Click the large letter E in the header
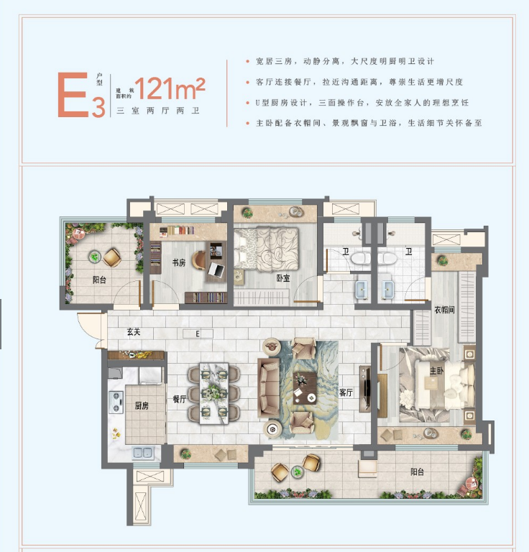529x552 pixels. (x=73, y=95)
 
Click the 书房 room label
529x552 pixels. (x=178, y=263)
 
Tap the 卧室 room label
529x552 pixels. (x=282, y=277)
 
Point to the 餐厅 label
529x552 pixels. (x=179, y=400)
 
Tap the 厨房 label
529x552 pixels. (x=141, y=406)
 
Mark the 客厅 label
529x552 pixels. (x=346, y=392)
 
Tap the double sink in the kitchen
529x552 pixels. (x=142, y=452)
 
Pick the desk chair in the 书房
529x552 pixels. (x=217, y=270)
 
